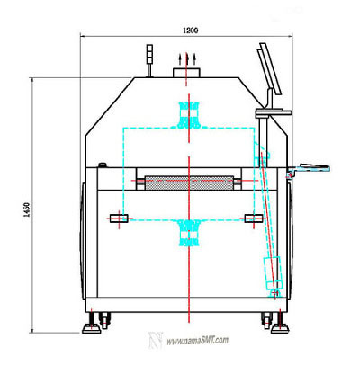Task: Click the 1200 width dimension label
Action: point(191,31)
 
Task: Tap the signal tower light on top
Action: point(149,54)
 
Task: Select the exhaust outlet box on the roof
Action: point(186,73)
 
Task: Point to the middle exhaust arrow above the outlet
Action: point(187,59)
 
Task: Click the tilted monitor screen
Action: point(270,68)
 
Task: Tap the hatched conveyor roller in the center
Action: point(189,182)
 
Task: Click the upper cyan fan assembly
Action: point(189,115)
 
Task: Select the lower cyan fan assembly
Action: point(189,233)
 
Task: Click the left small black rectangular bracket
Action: point(119,218)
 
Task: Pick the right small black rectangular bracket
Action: point(254,218)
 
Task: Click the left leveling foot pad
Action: point(92,329)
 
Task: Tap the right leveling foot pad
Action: point(280,329)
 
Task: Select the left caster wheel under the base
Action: point(104,320)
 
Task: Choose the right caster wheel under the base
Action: point(266,320)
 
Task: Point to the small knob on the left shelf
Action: point(103,165)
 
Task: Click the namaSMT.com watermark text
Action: point(197,341)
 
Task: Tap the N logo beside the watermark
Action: point(156,341)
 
